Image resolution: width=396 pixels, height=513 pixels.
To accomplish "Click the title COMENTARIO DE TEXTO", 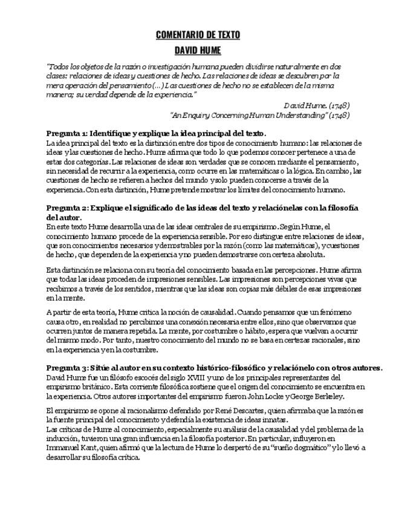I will pyautogui.click(x=198, y=34).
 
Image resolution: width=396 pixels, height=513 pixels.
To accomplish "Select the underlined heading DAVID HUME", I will pyautogui.click(x=198, y=50).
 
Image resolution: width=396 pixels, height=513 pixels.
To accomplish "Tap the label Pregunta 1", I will pyautogui.click(x=67, y=133).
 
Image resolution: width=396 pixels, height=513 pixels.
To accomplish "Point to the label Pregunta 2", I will pyautogui.click(x=67, y=207).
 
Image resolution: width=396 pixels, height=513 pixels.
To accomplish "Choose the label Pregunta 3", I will pyautogui.click(x=67, y=368).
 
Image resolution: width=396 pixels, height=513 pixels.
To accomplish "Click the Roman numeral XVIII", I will pyautogui.click(x=168, y=377).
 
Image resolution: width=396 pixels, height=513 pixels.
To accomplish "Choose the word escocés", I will pyautogui.click(x=113, y=377).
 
